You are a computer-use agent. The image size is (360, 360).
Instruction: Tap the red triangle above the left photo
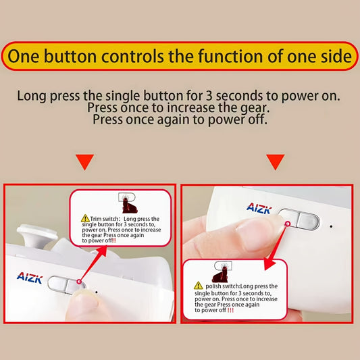click(x=85, y=162)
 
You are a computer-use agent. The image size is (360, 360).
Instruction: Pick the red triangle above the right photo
click(x=275, y=162)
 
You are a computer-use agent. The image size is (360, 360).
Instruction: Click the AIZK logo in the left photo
click(x=30, y=277)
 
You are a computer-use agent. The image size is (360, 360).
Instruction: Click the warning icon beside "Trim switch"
click(x=85, y=219)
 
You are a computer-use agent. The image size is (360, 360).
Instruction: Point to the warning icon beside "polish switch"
click(x=199, y=286)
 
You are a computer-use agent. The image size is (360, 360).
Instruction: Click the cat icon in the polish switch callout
click(x=220, y=272)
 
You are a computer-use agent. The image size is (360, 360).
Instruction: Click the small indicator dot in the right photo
click(x=331, y=226)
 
